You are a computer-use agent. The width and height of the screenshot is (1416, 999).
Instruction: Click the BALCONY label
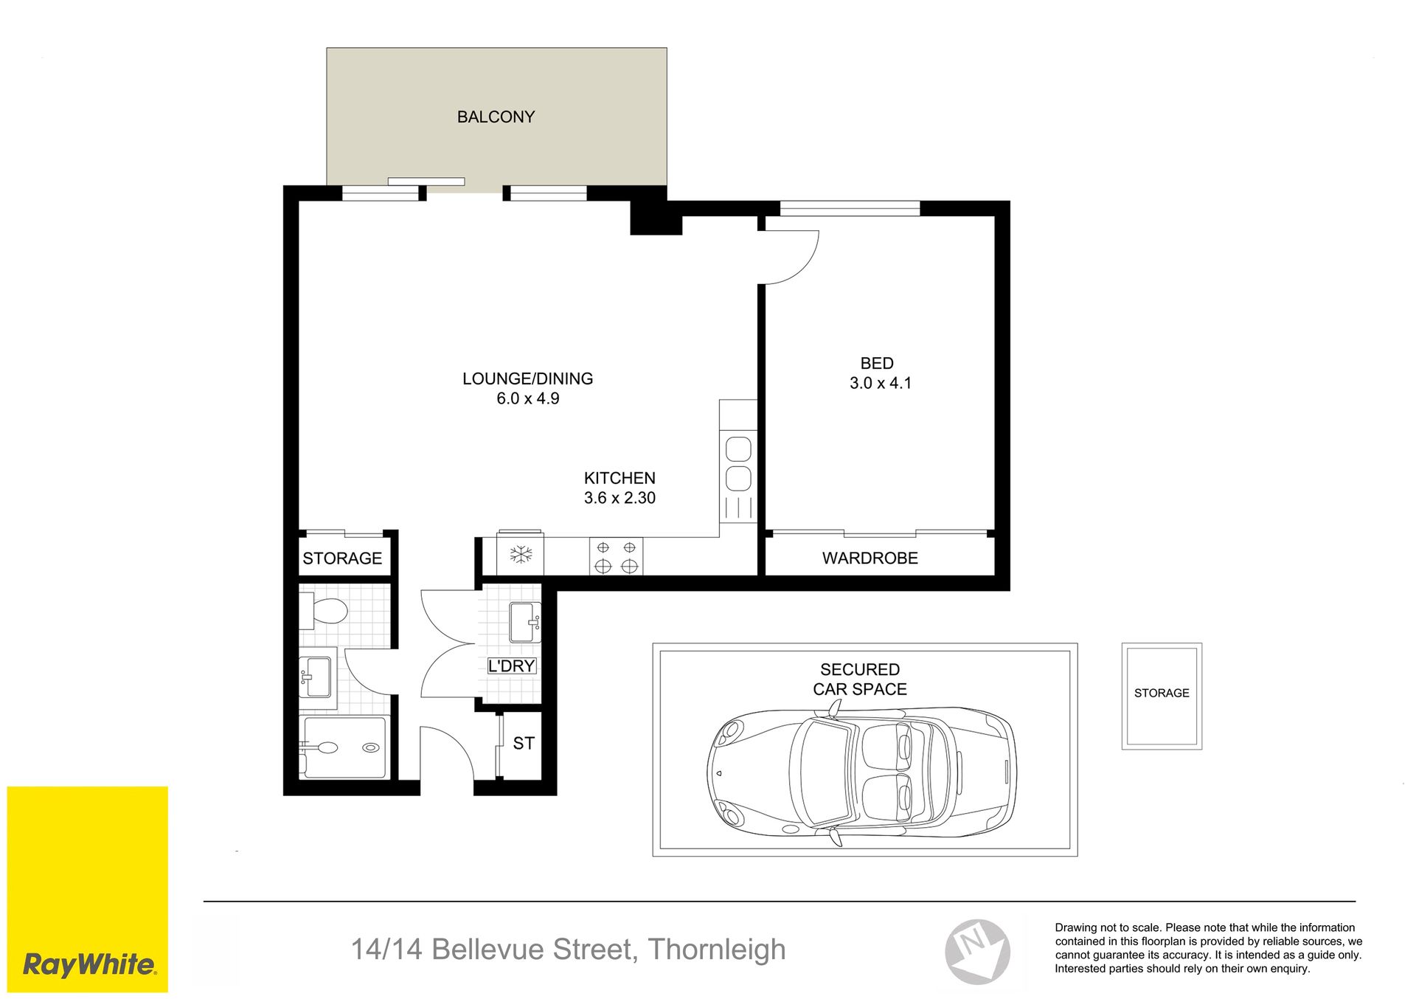tap(496, 117)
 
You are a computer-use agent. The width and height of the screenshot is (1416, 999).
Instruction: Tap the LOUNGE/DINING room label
tap(527, 378)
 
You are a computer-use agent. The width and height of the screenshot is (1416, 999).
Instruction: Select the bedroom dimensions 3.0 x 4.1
tap(880, 383)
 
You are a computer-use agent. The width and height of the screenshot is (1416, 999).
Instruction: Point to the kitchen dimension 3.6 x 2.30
tap(619, 498)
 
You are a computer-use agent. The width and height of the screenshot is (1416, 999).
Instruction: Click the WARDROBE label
tap(870, 559)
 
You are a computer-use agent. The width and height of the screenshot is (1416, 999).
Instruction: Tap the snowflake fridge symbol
tap(521, 554)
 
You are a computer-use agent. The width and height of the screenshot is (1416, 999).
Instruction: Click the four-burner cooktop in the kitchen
tap(616, 556)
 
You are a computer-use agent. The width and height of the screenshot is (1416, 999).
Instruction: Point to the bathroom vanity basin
tap(317, 677)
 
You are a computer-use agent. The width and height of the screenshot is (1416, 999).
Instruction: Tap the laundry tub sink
tap(525, 622)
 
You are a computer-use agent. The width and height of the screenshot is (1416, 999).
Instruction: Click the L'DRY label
tap(512, 666)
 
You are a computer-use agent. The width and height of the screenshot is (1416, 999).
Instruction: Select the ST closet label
tap(524, 744)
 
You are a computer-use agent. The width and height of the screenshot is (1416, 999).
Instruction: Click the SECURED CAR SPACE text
tap(860, 680)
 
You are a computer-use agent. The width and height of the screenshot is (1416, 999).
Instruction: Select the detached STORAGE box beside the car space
tap(1162, 696)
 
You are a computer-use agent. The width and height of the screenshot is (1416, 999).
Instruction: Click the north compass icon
tap(978, 952)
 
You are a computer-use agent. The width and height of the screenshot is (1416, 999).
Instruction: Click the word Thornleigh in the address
tap(717, 950)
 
